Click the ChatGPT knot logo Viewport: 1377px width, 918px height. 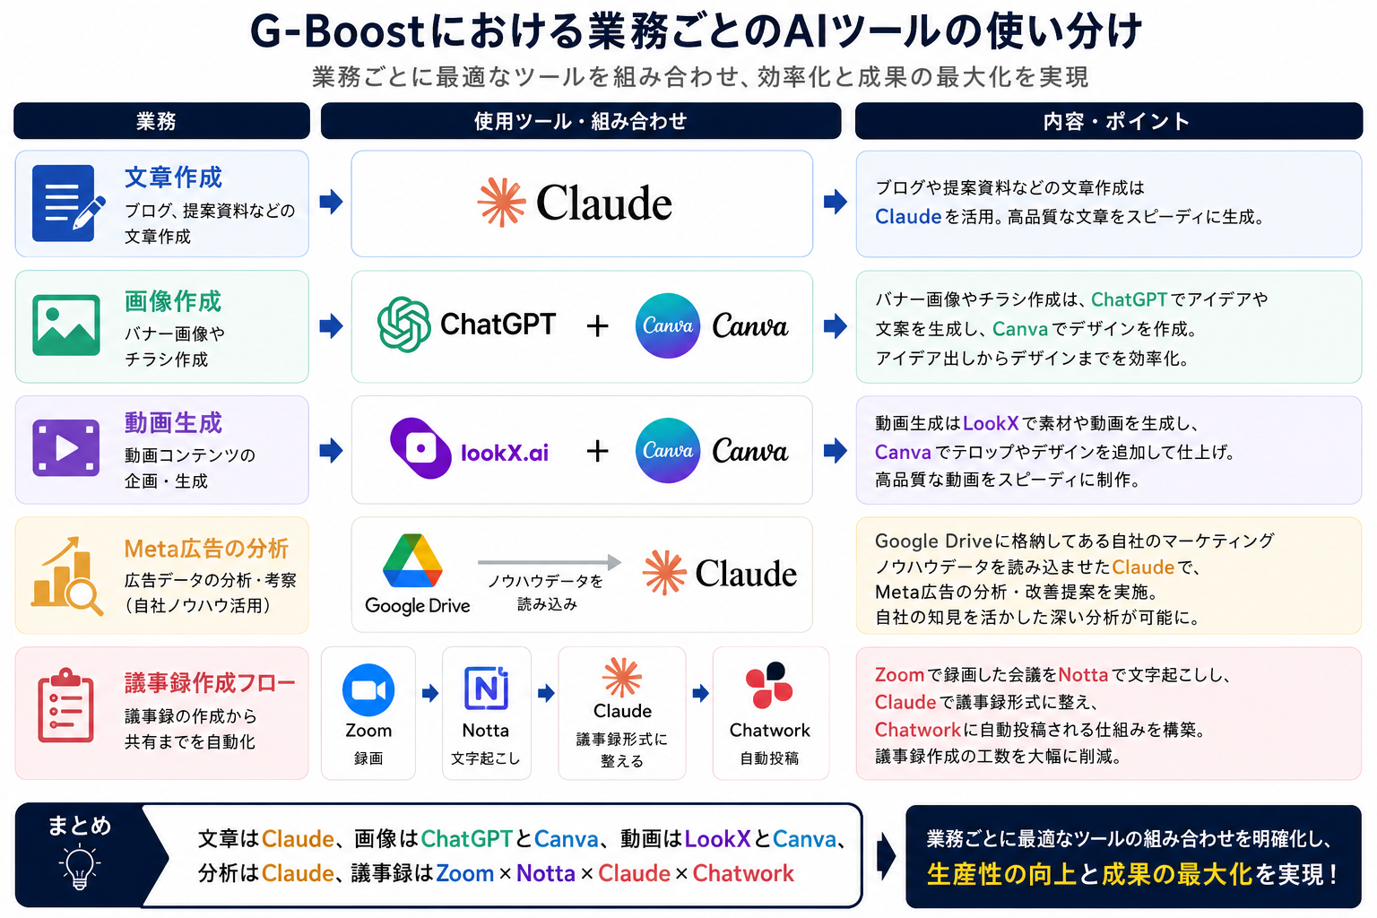404,325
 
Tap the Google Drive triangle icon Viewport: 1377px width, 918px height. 411,560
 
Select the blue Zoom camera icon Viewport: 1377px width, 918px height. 368,690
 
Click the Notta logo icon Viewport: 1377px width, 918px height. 486,688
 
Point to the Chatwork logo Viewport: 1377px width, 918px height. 768,684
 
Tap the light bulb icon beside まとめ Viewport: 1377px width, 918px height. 79,867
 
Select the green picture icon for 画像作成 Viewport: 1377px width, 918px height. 65,325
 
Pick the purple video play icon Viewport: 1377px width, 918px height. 65,448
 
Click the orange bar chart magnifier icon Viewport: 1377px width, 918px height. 67,576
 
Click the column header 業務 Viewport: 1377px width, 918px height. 156,121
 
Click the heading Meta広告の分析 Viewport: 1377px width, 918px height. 206,549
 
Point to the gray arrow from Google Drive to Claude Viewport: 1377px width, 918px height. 550,561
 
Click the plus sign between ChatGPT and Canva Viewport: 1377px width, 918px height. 597,326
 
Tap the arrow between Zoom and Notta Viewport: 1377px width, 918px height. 430,694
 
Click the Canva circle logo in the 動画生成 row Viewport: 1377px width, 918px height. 668,450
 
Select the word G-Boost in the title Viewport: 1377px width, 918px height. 337,31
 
